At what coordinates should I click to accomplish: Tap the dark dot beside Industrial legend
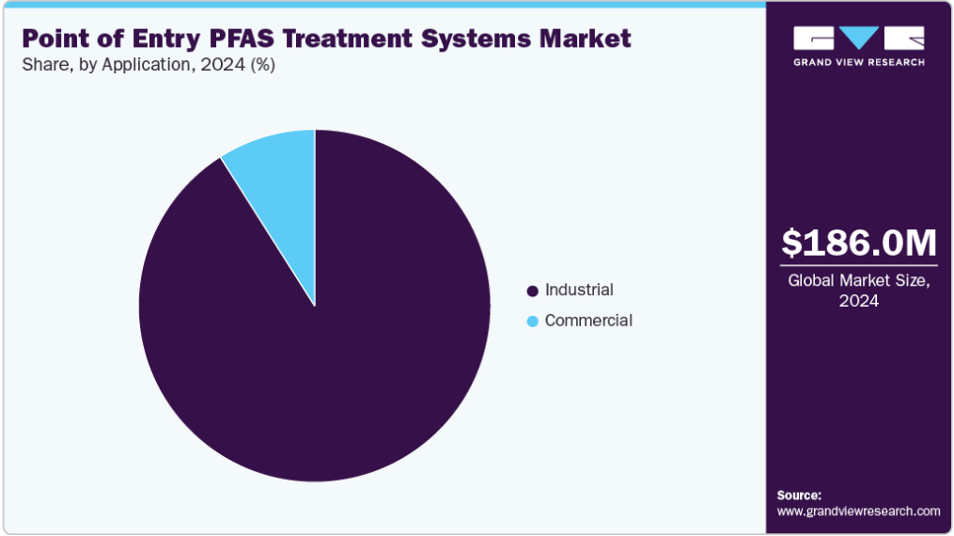[x=532, y=291]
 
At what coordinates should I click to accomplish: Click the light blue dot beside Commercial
[x=532, y=322]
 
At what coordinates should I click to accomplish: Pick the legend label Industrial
[x=579, y=290]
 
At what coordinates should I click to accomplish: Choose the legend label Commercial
[x=588, y=320]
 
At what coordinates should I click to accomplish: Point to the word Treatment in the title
[x=347, y=39]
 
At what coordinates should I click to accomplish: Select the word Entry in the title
[x=166, y=39]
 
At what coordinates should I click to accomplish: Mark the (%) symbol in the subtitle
[x=263, y=65]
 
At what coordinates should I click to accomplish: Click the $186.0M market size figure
[x=858, y=243]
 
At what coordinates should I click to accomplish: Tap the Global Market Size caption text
[x=858, y=280]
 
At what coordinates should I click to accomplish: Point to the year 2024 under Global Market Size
[x=858, y=301]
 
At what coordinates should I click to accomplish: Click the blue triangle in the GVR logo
[x=858, y=37]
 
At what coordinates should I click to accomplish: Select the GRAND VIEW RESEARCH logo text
[x=858, y=62]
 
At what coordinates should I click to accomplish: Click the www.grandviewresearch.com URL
[x=858, y=511]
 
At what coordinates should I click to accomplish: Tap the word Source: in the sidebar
[x=799, y=496]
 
